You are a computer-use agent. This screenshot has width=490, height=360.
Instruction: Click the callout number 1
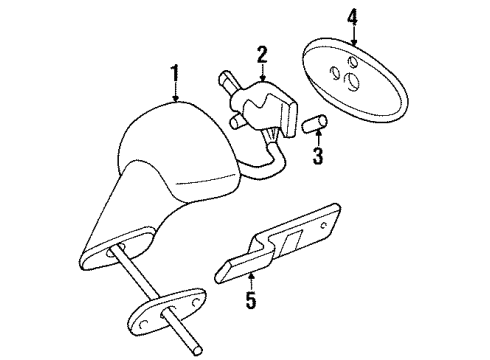(x=176, y=72)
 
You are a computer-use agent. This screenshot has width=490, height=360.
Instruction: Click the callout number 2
(x=261, y=54)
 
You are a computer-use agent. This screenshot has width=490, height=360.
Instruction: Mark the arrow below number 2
(x=261, y=72)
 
